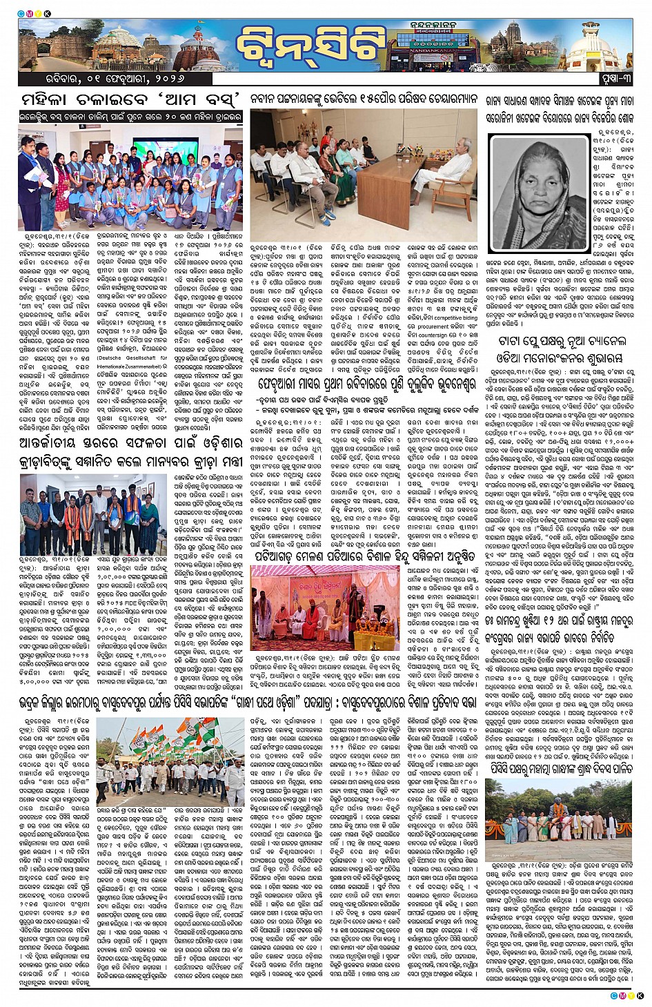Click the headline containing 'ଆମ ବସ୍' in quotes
[x=130, y=99]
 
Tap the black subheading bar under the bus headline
[x=130, y=117]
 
